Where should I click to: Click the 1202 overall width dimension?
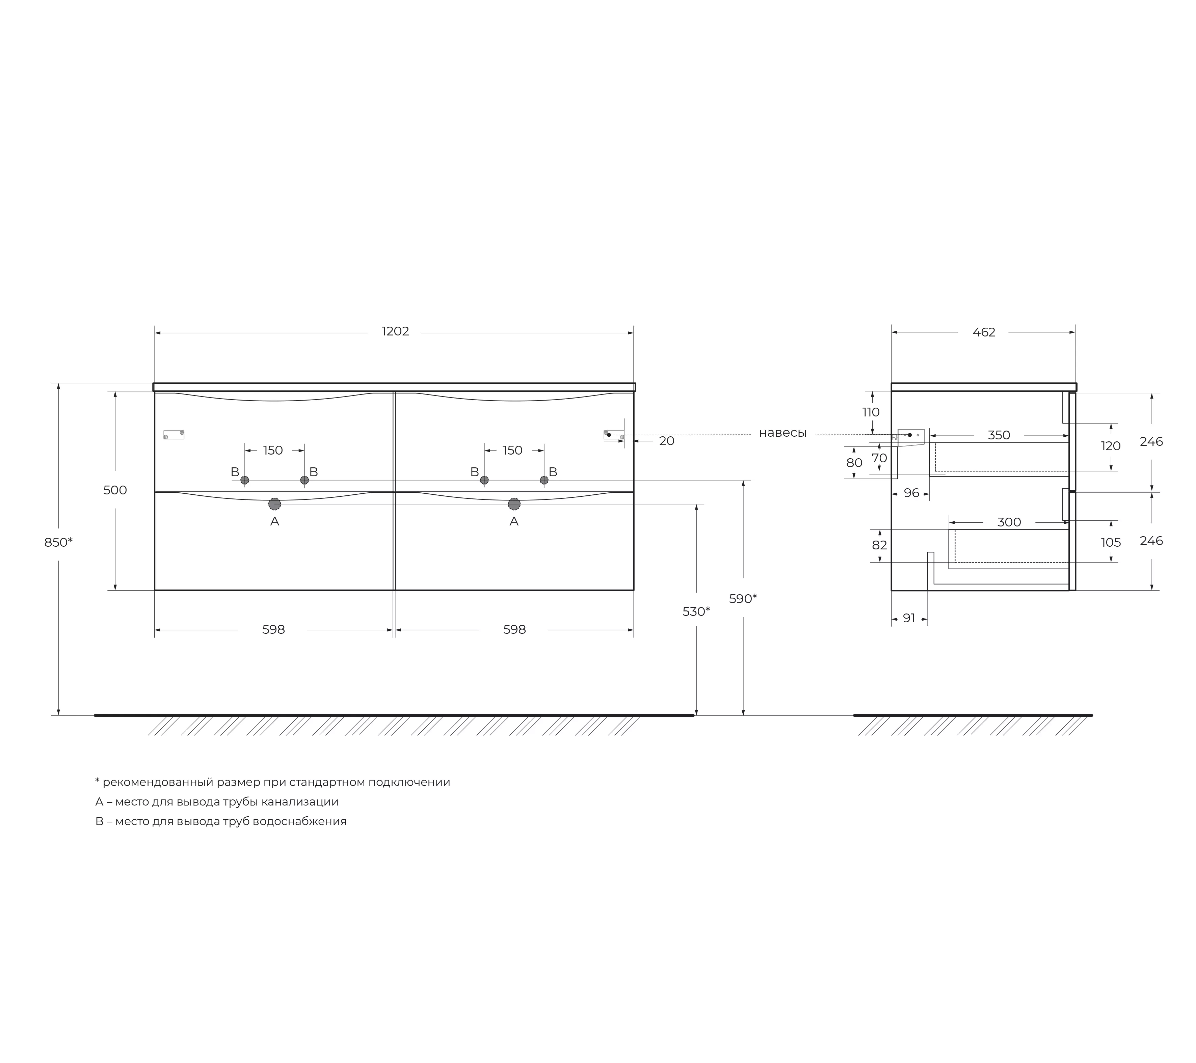(x=396, y=332)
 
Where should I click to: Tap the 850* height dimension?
(x=58, y=542)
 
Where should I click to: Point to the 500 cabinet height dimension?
(x=115, y=490)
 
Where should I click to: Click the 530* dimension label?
(x=696, y=611)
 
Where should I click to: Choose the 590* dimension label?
(x=743, y=599)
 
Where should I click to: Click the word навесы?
(x=783, y=433)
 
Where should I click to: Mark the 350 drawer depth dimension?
(x=999, y=435)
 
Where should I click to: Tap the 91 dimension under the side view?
(x=909, y=618)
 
